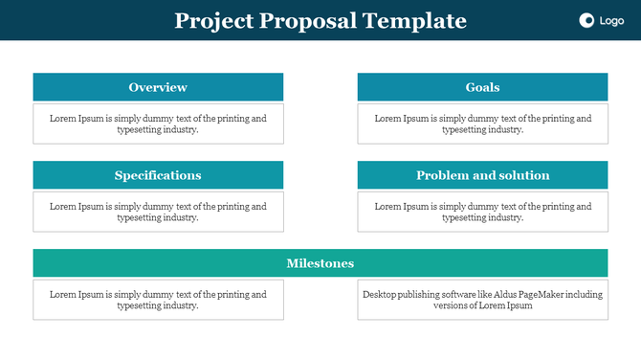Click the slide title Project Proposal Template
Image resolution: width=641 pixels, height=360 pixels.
[320, 21]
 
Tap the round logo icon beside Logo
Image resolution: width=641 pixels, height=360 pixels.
[586, 21]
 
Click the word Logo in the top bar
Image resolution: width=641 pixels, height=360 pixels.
[611, 21]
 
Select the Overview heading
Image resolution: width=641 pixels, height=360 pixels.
[158, 87]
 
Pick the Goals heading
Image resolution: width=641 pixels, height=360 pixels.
[482, 87]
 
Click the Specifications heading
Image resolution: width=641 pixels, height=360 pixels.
[158, 175]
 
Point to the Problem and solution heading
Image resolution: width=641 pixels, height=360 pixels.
[482, 175]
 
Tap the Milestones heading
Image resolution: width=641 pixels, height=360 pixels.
[320, 263]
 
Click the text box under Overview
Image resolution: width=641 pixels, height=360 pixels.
[158, 124]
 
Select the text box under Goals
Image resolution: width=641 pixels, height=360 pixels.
[482, 124]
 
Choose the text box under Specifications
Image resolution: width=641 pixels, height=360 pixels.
[158, 212]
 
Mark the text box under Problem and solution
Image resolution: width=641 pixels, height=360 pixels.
[482, 212]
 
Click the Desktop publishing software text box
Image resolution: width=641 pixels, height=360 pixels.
[482, 300]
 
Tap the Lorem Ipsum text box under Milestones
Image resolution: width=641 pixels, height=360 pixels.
[158, 300]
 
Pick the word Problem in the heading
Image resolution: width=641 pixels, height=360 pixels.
[441, 175]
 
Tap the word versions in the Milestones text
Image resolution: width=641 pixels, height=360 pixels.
[453, 306]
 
